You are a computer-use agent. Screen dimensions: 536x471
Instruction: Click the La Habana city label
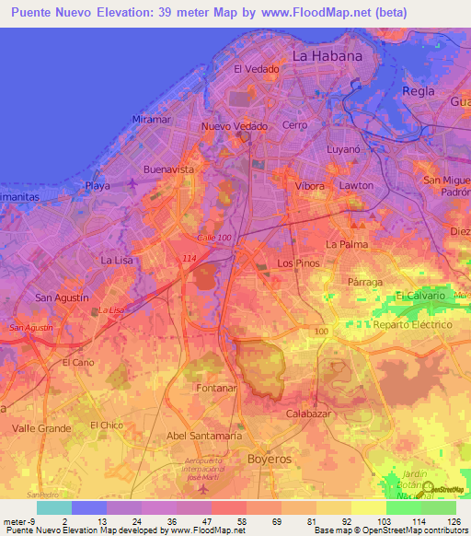[x=327, y=55]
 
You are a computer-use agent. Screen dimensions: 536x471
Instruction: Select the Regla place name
[x=418, y=90]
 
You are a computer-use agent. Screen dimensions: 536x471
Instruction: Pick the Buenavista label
[x=169, y=170]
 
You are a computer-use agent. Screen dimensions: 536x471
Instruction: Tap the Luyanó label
[x=346, y=148]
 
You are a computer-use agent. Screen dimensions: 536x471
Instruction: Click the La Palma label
[x=347, y=244]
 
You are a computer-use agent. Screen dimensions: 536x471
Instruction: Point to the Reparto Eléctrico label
[x=414, y=325]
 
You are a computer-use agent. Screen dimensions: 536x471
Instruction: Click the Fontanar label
[x=216, y=389]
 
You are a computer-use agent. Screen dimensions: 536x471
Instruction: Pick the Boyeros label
[x=270, y=458]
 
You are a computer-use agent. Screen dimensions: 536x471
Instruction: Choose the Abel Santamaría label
[x=205, y=436]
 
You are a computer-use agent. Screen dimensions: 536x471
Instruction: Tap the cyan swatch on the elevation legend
[x=53, y=507]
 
